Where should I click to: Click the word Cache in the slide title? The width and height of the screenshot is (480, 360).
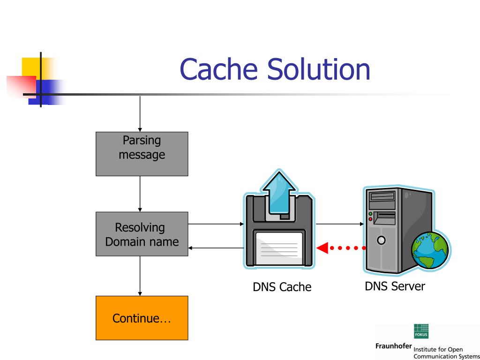coord(218,69)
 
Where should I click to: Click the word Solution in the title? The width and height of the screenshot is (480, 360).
coord(319,69)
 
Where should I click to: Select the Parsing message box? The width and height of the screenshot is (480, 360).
coord(142,154)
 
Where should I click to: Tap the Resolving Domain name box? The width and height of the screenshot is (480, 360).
coord(142,234)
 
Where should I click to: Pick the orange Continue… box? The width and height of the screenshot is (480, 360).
coord(142,318)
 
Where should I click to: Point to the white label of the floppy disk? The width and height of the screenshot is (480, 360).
coord(279,248)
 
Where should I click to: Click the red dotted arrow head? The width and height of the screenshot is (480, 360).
coord(322,247)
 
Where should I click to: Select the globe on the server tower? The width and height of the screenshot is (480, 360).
coord(429,250)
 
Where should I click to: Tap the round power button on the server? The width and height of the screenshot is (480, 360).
coord(381,240)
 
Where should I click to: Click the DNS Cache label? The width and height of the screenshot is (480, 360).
coord(282,287)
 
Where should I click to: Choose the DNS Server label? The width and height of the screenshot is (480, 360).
coord(395,286)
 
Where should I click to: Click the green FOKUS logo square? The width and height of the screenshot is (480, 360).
coord(421,331)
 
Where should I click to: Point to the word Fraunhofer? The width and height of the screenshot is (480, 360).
coord(394,346)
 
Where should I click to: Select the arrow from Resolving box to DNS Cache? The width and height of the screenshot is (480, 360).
coord(216,224)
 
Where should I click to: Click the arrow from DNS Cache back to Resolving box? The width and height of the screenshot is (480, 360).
coord(216,247)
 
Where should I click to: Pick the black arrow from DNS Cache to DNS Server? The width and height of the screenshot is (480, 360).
coord(340,224)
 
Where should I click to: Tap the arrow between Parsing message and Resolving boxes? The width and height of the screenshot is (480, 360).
coord(140,194)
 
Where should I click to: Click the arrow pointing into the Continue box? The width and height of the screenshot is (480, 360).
coord(140,276)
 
